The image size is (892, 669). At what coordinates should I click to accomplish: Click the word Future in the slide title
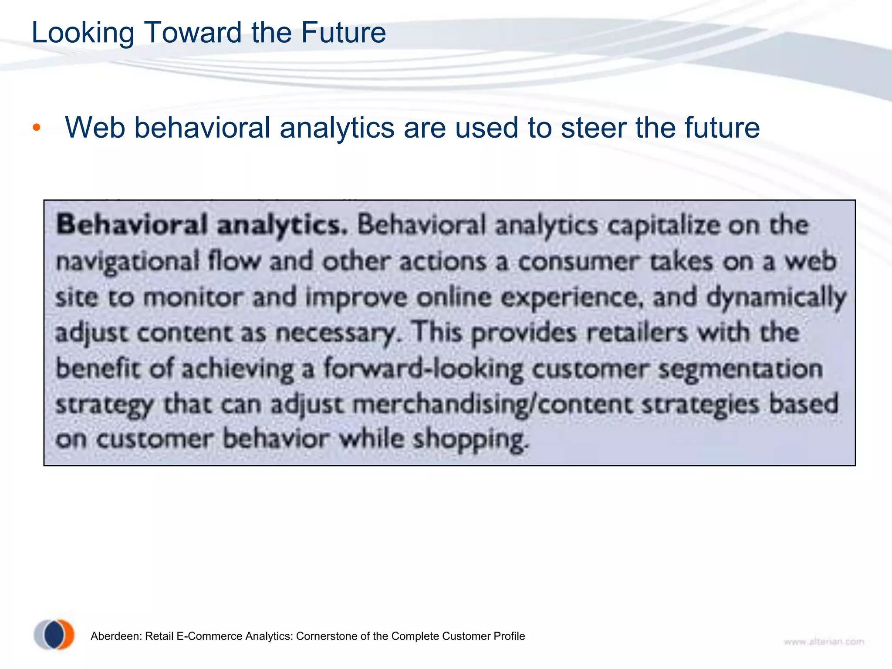tap(343, 33)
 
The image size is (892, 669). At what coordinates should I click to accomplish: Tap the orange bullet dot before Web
tap(37, 128)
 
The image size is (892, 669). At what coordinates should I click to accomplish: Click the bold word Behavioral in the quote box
tap(132, 226)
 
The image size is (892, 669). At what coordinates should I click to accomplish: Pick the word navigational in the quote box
tap(128, 263)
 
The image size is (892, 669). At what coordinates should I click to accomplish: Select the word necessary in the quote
tap(336, 334)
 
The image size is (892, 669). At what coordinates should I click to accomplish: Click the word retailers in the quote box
tap(637, 333)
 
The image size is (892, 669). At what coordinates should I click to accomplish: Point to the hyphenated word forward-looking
tap(422, 369)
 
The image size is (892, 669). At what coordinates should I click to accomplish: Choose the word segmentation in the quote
tap(740, 369)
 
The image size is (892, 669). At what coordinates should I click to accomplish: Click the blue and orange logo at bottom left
tap(54, 635)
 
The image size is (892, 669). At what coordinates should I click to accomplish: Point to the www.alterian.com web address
tap(824, 642)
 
